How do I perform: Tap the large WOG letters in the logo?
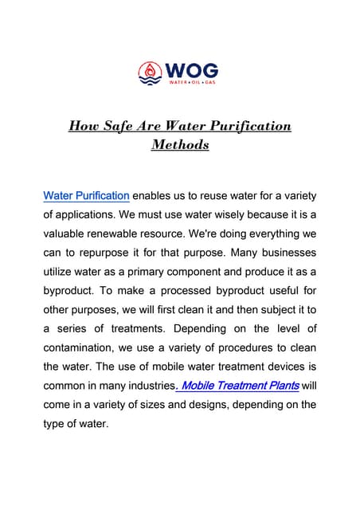click(192, 68)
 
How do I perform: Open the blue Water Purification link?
click(86, 195)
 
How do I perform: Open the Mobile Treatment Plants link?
click(239, 386)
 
